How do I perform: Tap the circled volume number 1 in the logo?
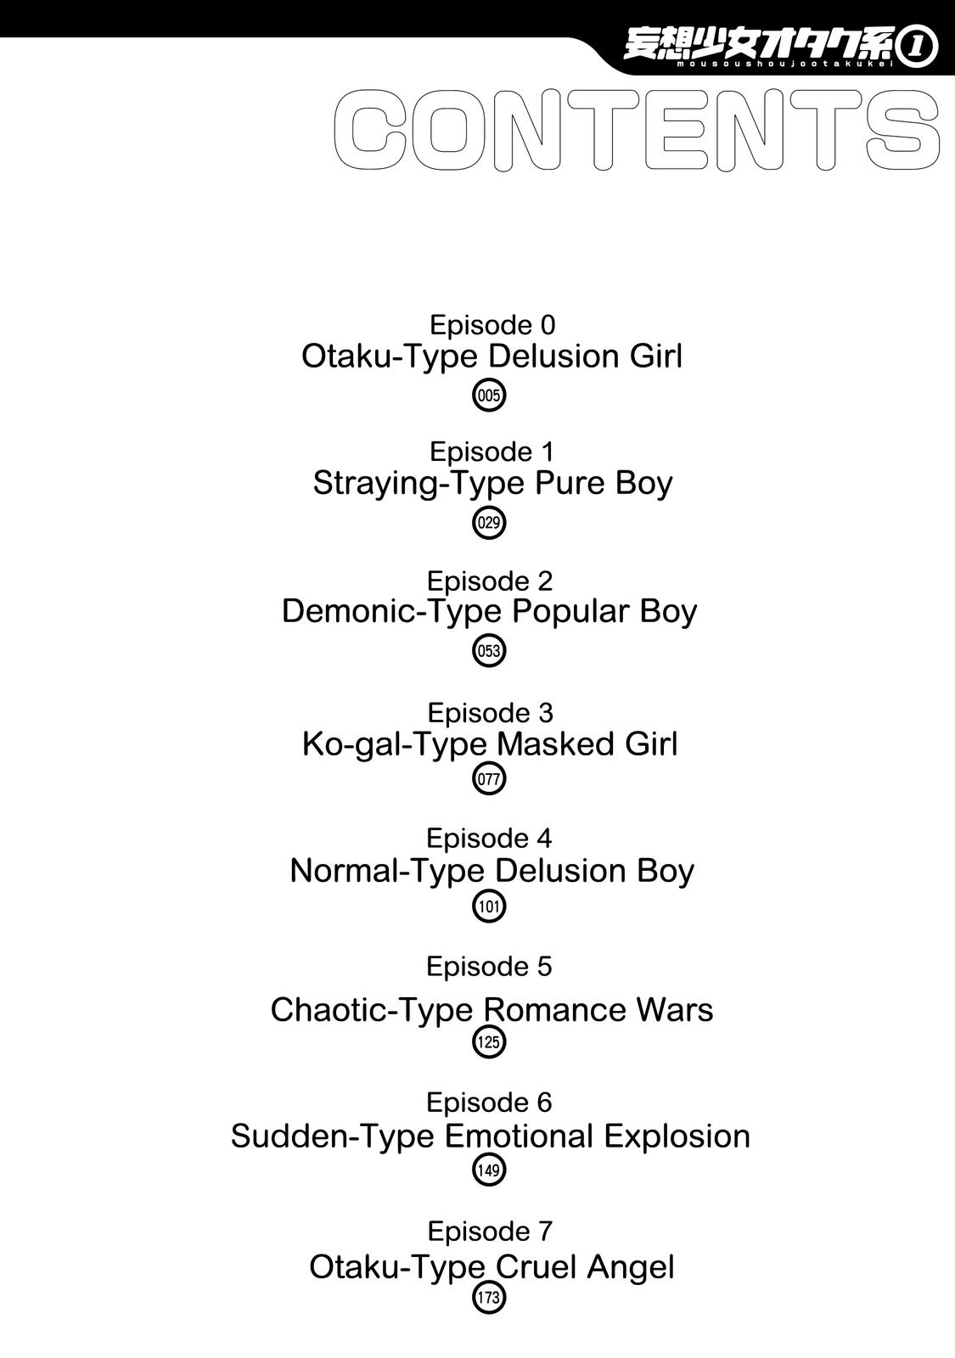pos(918,48)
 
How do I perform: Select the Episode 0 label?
pos(492,326)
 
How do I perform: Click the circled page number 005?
pos(489,396)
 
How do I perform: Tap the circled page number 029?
pos(489,523)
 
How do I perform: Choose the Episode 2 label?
pos(490,581)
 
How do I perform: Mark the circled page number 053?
pos(489,651)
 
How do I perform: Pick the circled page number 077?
pos(489,779)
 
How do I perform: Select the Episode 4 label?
pos(489,839)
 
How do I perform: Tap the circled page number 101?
pos(489,907)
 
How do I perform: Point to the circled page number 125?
pos(489,1042)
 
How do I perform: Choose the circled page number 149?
pos(489,1170)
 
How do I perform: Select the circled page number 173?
pos(489,1298)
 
